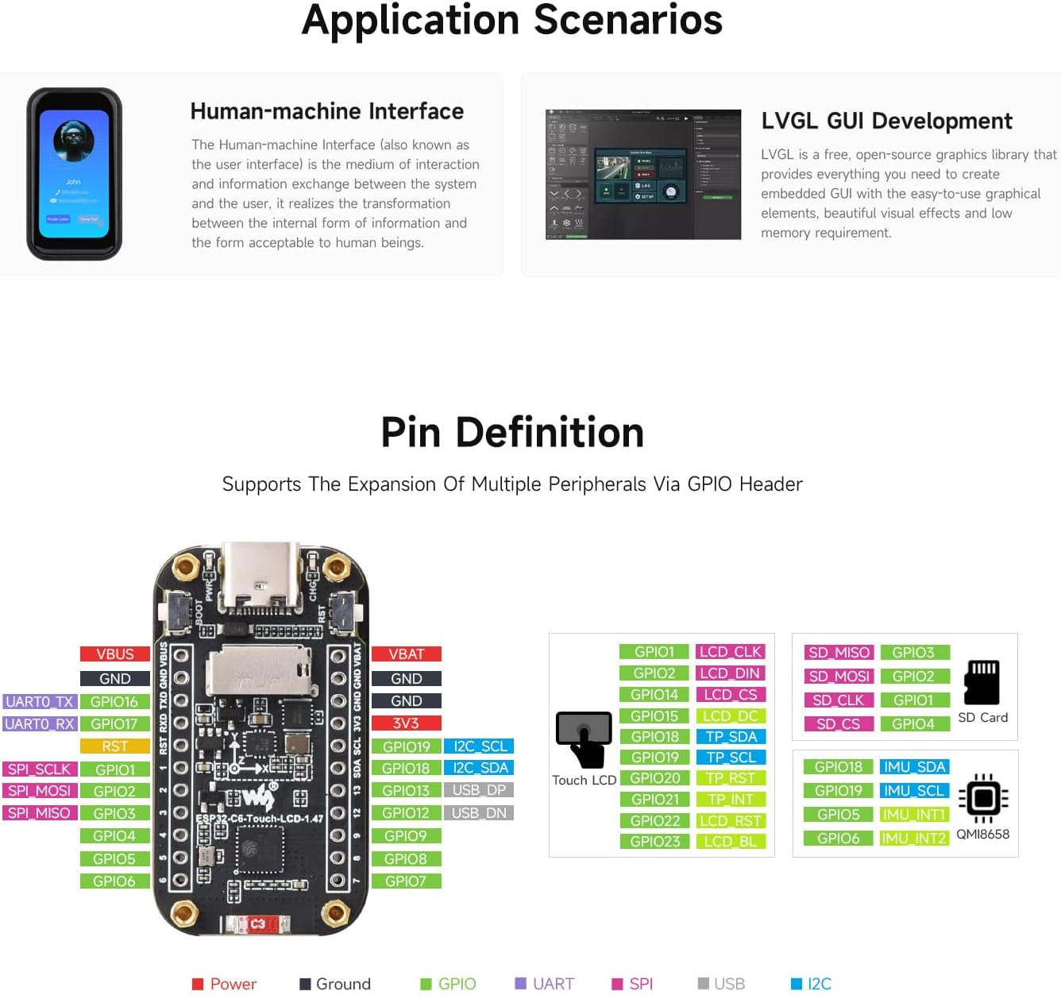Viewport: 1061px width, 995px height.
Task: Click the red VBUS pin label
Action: [x=115, y=654]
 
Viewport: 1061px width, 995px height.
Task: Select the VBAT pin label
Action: [x=406, y=654]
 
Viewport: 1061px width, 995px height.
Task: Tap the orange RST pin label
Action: [x=115, y=746]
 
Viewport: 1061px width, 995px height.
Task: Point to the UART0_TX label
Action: [x=40, y=702]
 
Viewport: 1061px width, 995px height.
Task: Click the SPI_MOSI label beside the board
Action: [x=40, y=791]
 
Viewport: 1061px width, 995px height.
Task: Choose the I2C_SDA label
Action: [x=480, y=768]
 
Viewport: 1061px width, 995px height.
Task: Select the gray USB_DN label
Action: [x=479, y=813]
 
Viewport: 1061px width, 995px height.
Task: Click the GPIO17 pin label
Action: [x=115, y=724]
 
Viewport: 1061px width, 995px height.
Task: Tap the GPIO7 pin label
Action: [x=406, y=881]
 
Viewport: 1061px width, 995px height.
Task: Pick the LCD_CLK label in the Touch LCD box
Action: [x=730, y=652]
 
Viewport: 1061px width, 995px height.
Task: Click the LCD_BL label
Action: [x=730, y=842]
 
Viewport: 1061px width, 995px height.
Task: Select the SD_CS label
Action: [x=839, y=724]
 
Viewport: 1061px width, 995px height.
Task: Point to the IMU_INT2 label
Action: [x=914, y=839]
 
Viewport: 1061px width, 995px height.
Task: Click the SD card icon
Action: [x=982, y=682]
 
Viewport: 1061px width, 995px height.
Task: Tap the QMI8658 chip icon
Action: [x=983, y=798]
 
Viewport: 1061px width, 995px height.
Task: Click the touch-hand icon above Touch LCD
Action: [x=585, y=739]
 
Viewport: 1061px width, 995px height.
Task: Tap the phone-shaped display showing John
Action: [x=74, y=174]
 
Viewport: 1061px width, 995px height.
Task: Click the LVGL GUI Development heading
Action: [x=886, y=121]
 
